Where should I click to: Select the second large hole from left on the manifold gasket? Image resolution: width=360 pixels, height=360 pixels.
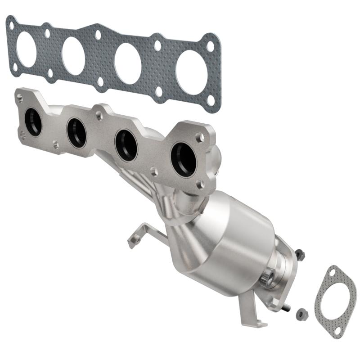point(73,56)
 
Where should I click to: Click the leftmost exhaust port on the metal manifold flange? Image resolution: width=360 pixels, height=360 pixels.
point(33,122)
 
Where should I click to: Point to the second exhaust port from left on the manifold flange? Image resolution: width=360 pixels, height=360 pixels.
point(76,133)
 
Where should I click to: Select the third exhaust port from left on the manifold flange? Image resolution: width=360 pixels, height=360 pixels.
point(126,145)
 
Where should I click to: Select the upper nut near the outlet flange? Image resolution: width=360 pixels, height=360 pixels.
point(300,254)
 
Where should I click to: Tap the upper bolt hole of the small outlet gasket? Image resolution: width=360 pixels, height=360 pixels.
point(332,272)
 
